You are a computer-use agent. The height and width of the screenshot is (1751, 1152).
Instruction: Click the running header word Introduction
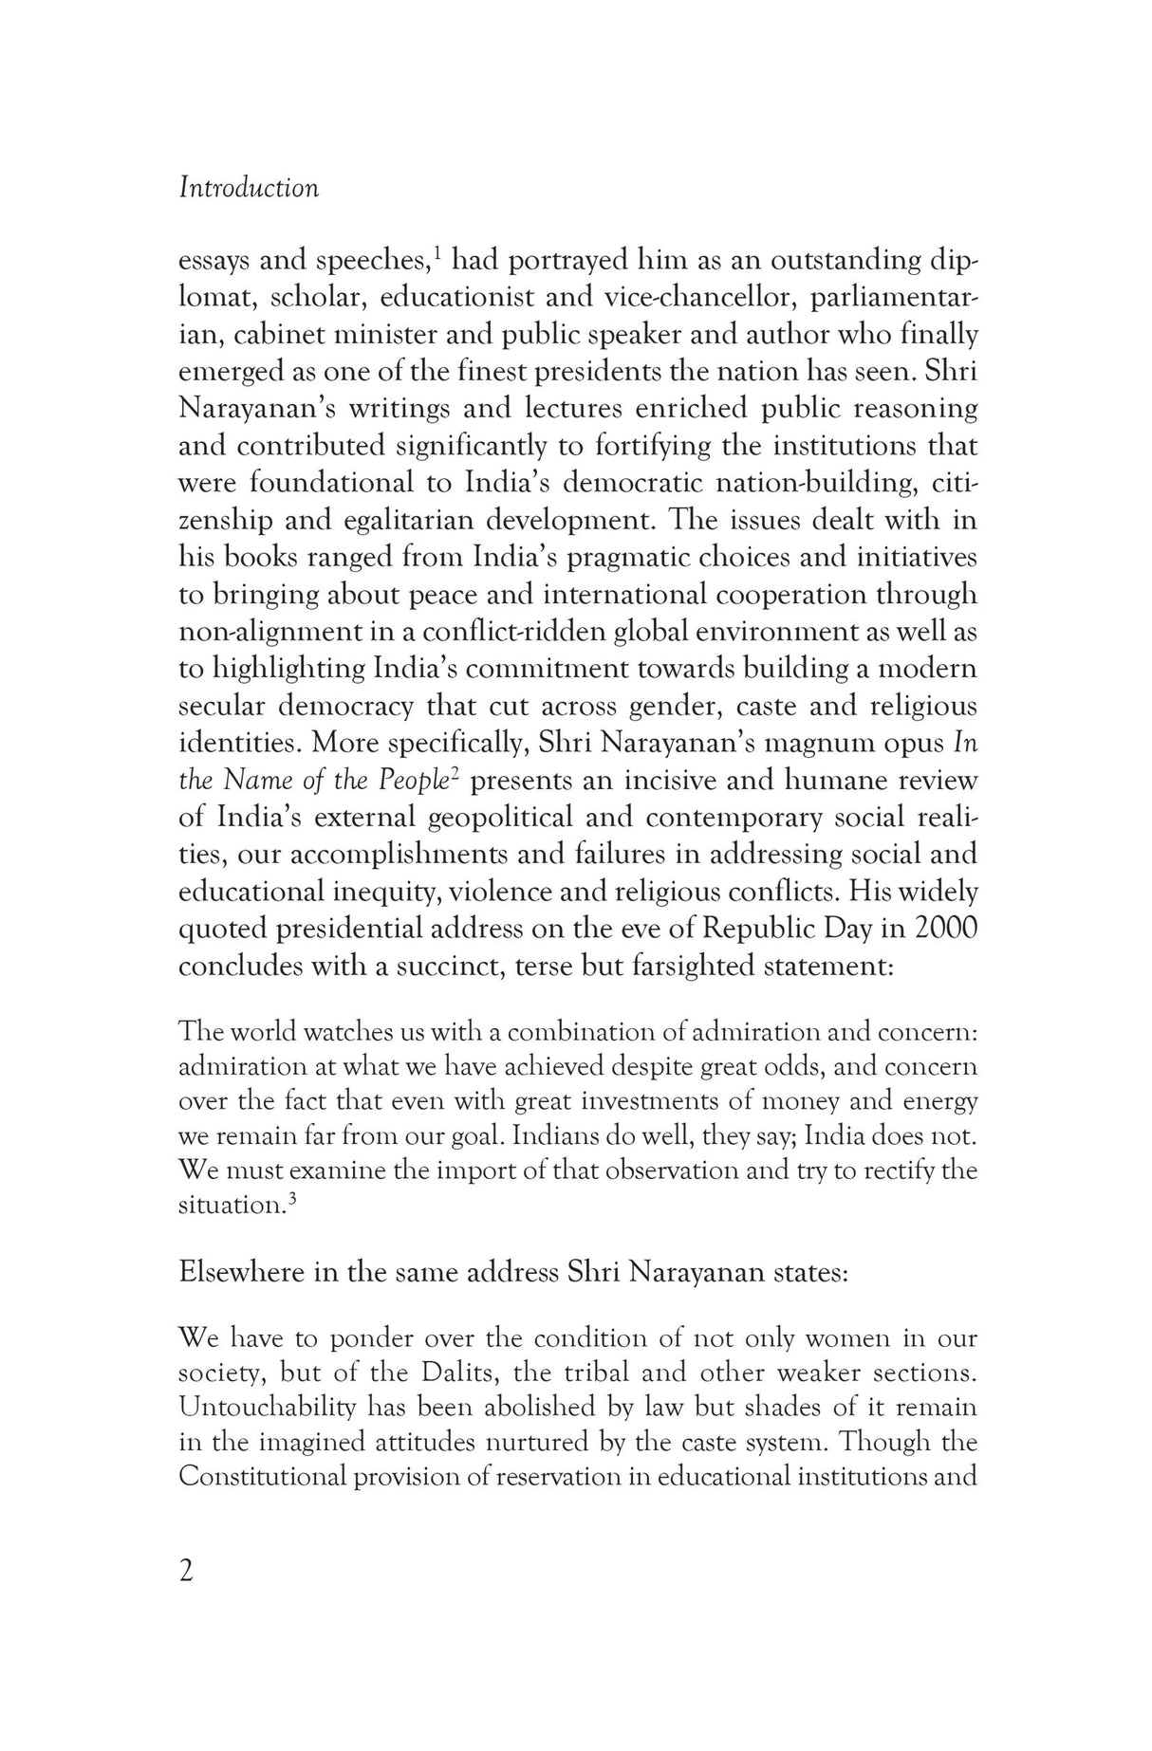click(x=249, y=188)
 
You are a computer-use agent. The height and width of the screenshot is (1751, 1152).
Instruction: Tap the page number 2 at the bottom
click(x=186, y=1572)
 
